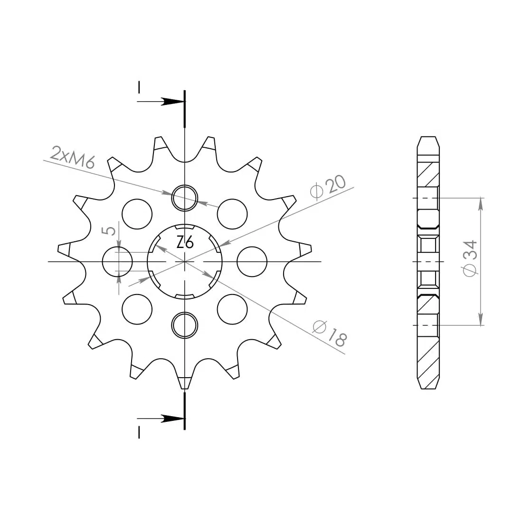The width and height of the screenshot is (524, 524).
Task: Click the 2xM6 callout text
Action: point(73,157)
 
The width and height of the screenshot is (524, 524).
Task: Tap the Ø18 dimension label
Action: point(330,333)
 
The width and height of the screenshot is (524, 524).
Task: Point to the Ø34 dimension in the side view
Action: point(470,258)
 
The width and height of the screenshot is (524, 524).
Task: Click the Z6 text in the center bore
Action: point(185,242)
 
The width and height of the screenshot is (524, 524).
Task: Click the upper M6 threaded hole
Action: point(184,198)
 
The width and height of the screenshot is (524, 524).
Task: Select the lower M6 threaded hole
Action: point(184,325)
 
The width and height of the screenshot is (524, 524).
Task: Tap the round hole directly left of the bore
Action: point(117,262)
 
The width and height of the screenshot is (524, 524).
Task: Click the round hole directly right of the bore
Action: point(252,262)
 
